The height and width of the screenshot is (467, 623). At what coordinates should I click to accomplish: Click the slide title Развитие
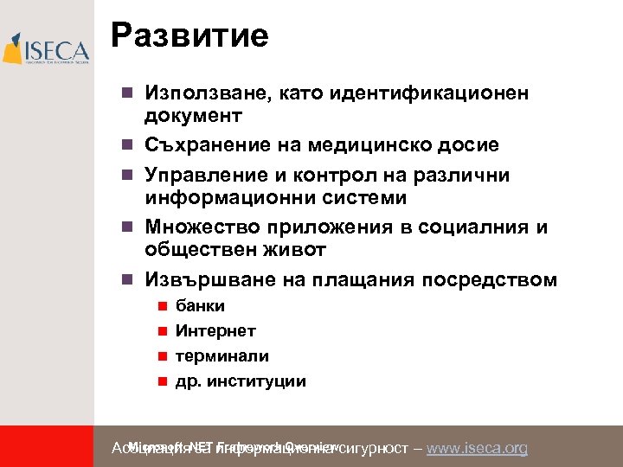coord(189,36)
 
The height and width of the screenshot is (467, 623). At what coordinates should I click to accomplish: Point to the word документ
coord(194,115)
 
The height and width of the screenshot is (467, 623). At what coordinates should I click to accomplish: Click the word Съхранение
coord(203,145)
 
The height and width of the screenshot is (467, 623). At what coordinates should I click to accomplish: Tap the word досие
coord(468,145)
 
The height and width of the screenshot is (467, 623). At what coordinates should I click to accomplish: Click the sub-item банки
coord(200,305)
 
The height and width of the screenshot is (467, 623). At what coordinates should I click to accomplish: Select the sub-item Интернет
coord(215,330)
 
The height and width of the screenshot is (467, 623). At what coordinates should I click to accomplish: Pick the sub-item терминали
coord(222,355)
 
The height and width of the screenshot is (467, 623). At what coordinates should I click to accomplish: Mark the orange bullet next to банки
coord(160,306)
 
